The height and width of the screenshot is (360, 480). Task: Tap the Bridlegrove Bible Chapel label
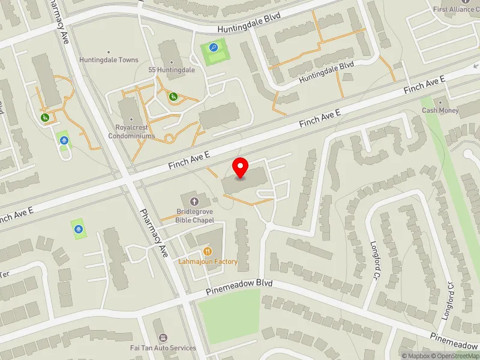(194, 216)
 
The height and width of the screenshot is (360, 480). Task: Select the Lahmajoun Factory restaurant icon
(208, 251)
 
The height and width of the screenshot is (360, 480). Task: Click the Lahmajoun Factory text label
(208, 262)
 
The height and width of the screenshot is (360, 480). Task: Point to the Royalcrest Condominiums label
(135, 131)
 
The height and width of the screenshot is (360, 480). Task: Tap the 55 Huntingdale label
(172, 70)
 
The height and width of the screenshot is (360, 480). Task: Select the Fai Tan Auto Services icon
(163, 338)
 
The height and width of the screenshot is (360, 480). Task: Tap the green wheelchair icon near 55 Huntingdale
(173, 96)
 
